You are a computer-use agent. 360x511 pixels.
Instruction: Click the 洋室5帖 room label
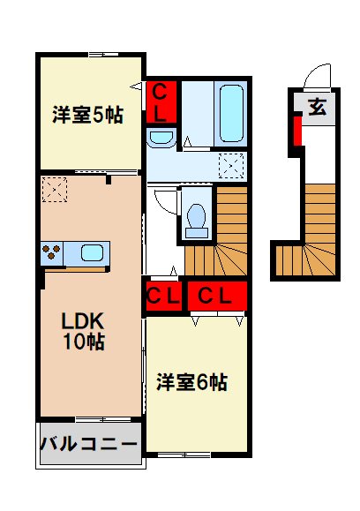pos(86,114)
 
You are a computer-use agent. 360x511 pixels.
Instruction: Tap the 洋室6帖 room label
pos(192,382)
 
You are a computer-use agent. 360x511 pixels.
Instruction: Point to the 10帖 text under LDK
pos(82,343)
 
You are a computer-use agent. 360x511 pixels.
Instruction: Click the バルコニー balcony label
pos(88,443)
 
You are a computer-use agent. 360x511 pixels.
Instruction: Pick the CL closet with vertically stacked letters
pos(161,101)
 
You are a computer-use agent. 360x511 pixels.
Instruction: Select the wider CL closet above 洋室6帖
pos(214,296)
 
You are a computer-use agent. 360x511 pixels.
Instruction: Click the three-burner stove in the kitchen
pos(51,253)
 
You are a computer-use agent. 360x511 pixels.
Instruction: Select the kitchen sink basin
pos(91,253)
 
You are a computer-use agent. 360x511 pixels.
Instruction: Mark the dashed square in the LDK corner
pos(54,188)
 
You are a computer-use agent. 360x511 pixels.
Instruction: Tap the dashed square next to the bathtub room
pos(231,163)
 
